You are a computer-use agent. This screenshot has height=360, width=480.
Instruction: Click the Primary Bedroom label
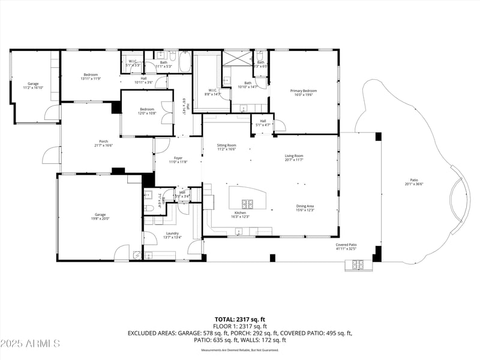[x=303, y=93]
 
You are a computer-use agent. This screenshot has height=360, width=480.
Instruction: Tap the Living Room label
[x=294, y=158]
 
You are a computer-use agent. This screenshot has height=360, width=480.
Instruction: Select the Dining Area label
[x=305, y=208]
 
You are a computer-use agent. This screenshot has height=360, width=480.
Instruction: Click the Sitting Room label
[x=227, y=147]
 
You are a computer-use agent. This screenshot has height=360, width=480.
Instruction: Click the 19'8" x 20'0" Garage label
[x=100, y=217]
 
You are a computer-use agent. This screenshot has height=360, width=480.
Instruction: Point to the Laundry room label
[x=172, y=235]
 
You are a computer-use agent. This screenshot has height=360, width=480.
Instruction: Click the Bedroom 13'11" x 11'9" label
[x=91, y=77]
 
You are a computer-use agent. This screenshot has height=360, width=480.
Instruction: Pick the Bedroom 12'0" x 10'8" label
[x=147, y=111]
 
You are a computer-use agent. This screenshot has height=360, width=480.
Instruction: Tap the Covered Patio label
[x=346, y=246]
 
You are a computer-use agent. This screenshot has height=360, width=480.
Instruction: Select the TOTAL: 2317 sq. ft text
[x=240, y=319]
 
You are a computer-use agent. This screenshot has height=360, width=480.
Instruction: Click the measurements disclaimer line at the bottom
[x=240, y=350]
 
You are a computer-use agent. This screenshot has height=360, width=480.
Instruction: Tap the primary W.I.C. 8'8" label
[x=212, y=92]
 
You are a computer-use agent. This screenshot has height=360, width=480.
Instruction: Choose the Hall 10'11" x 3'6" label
[x=143, y=80]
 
